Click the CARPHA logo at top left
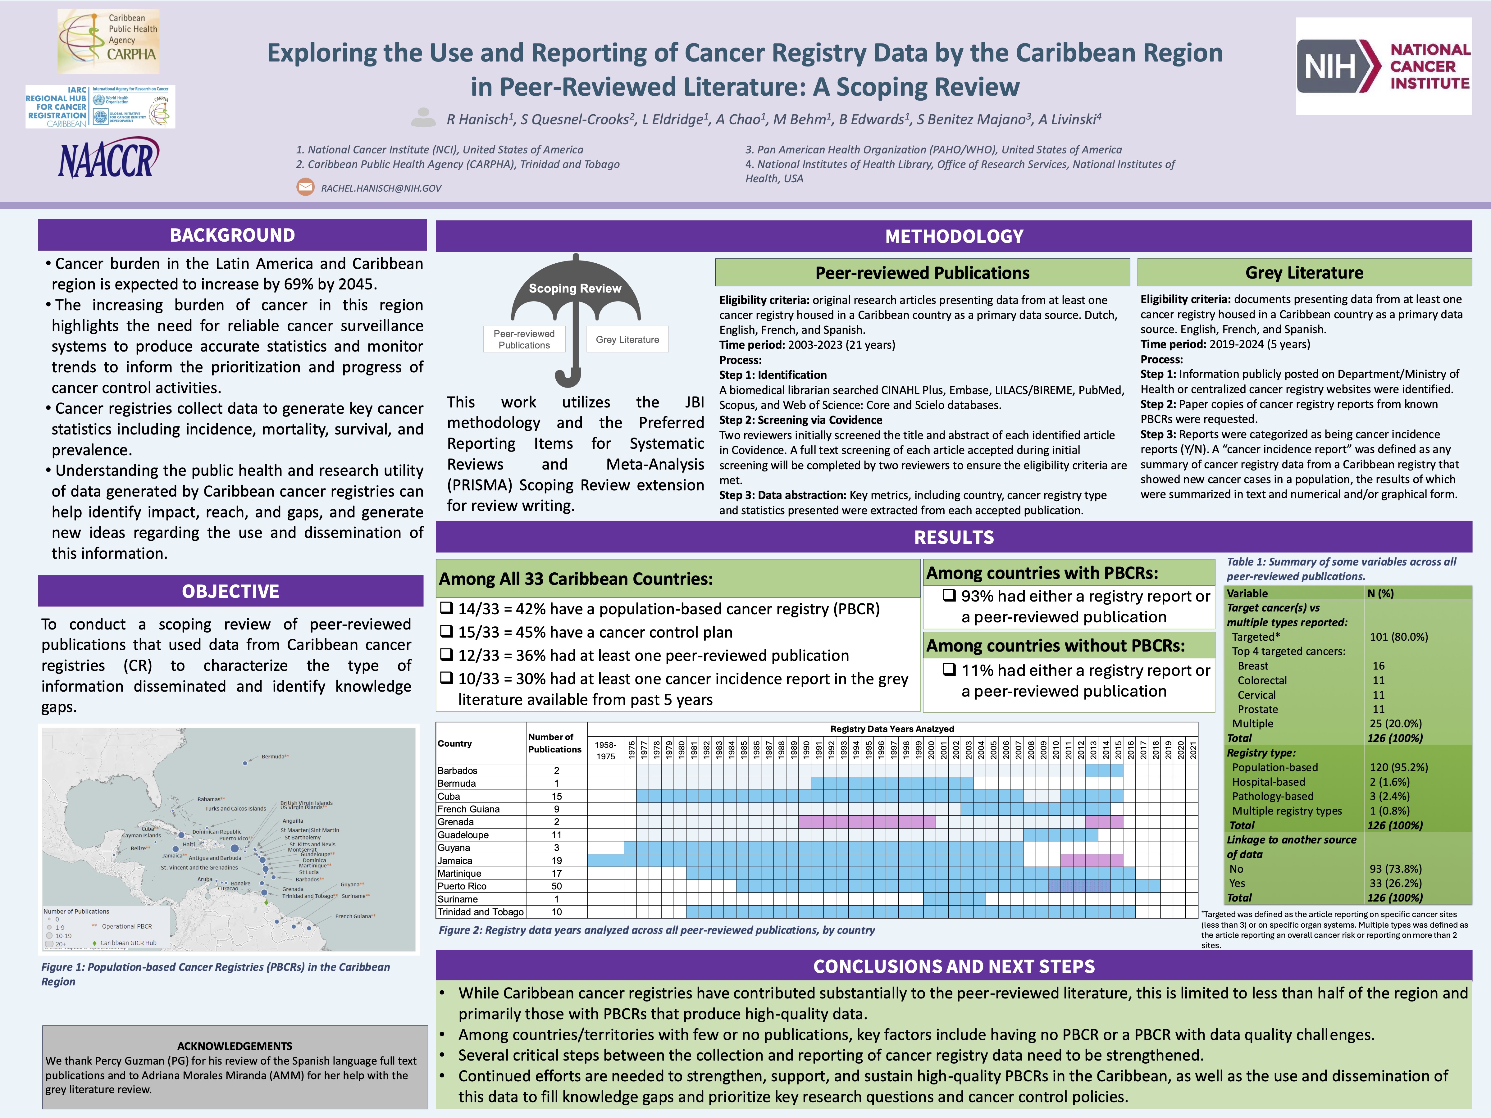[x=108, y=41]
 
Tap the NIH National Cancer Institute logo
[x=1383, y=66]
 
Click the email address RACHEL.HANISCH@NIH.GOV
[x=381, y=188]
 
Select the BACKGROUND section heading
[x=232, y=235]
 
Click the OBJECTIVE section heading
[x=230, y=591]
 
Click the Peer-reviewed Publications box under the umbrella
[x=524, y=339]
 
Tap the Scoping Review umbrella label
[x=575, y=289]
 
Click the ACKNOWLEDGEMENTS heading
[x=235, y=1046]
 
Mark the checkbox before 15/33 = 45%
[x=446, y=631]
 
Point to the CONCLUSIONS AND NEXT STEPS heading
[x=954, y=966]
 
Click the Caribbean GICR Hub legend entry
[x=128, y=943]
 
